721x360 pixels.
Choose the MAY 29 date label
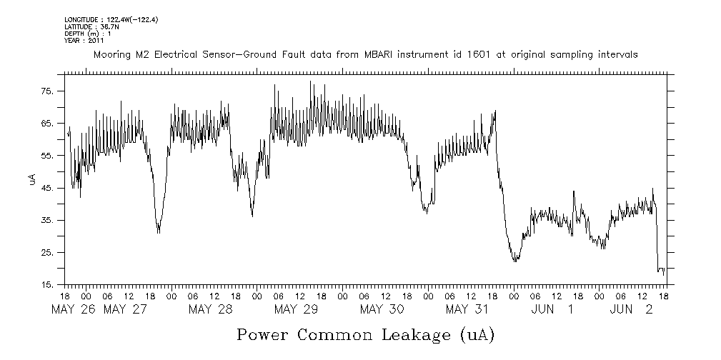[x=296, y=309]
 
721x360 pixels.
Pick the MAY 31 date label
[x=467, y=309]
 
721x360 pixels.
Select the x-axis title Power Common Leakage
[x=365, y=334]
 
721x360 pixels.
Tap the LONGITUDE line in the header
[x=111, y=19]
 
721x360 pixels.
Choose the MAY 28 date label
[x=210, y=309]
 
